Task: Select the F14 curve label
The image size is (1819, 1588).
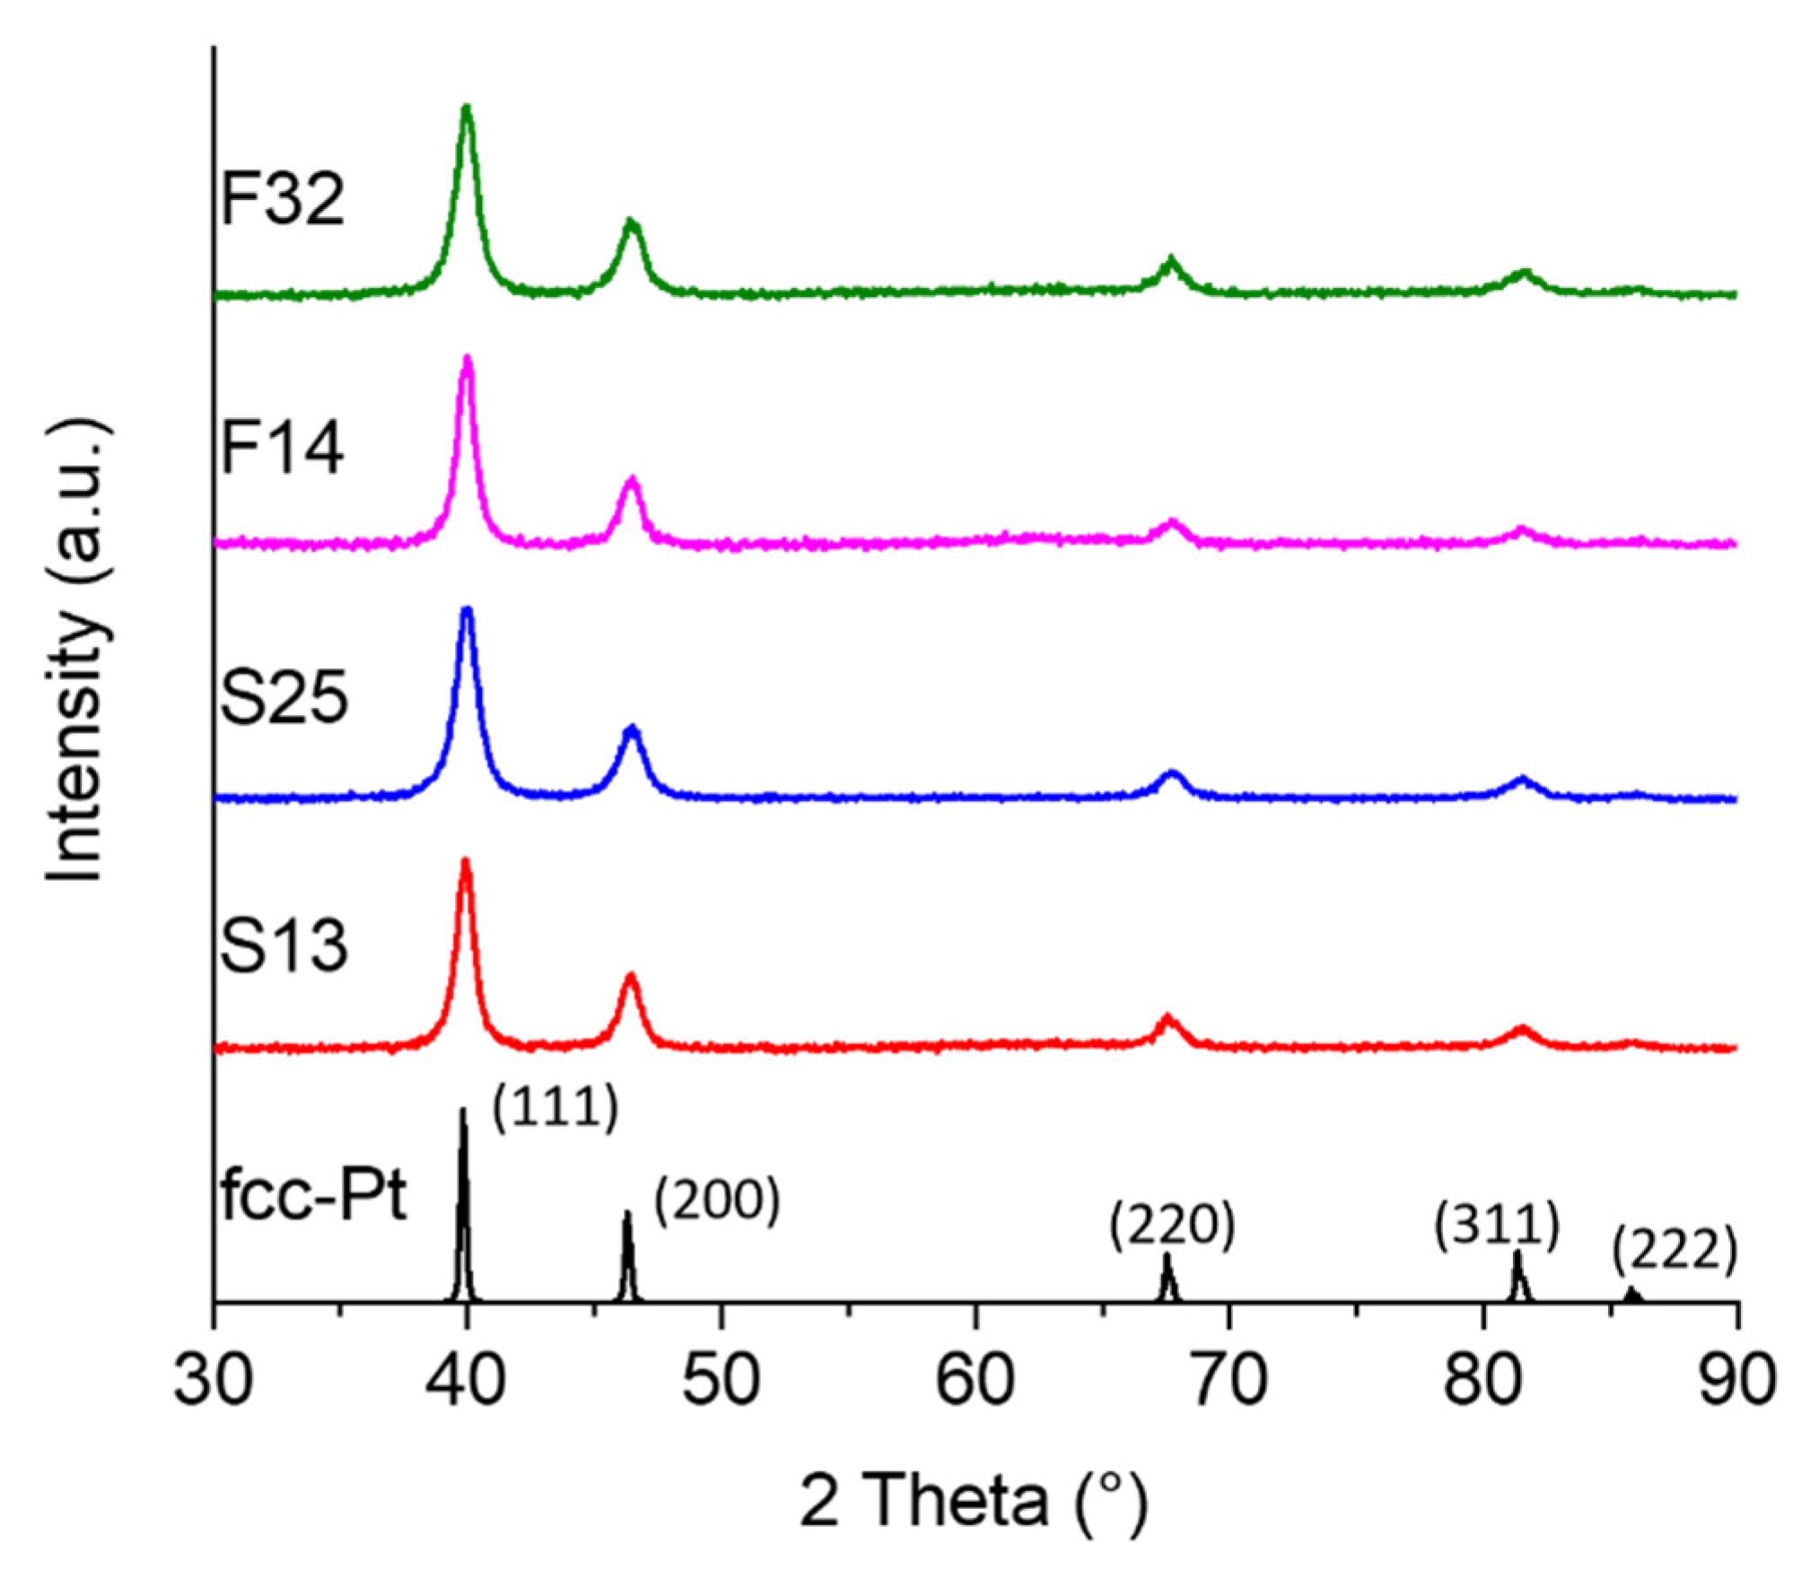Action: (282, 449)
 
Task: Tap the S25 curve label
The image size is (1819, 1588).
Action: (284, 699)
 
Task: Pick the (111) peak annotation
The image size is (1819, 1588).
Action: (555, 1109)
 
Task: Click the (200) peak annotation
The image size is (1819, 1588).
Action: (716, 1202)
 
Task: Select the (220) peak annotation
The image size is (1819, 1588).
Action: (1172, 1227)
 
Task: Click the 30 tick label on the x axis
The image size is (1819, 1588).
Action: (213, 1380)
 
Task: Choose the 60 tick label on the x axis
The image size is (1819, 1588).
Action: (975, 1380)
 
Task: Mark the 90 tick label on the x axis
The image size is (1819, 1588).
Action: (1737, 1380)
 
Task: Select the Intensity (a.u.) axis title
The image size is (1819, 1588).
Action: (79, 650)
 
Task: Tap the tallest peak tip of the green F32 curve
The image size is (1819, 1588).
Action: (466, 108)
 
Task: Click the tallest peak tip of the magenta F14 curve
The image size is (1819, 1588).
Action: (467, 358)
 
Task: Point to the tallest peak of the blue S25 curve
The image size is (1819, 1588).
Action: (467, 610)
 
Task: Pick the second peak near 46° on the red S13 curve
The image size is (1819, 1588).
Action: (631, 976)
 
